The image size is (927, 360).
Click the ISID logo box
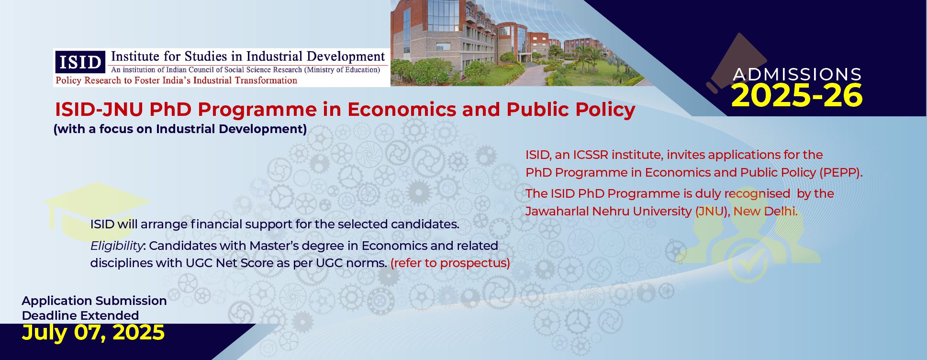(x=80, y=62)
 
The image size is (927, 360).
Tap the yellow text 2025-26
(x=797, y=95)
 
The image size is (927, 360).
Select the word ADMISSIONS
(x=797, y=74)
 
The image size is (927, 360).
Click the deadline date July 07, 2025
(x=93, y=332)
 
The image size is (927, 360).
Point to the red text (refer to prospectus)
(x=450, y=263)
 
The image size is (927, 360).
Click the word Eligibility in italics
(x=117, y=246)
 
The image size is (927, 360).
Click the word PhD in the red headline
(x=170, y=110)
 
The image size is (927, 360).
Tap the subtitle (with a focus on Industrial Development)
(x=180, y=129)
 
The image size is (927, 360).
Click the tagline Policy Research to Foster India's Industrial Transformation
(x=177, y=80)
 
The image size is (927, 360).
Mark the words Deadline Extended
(x=80, y=315)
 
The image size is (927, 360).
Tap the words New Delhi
(x=765, y=211)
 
